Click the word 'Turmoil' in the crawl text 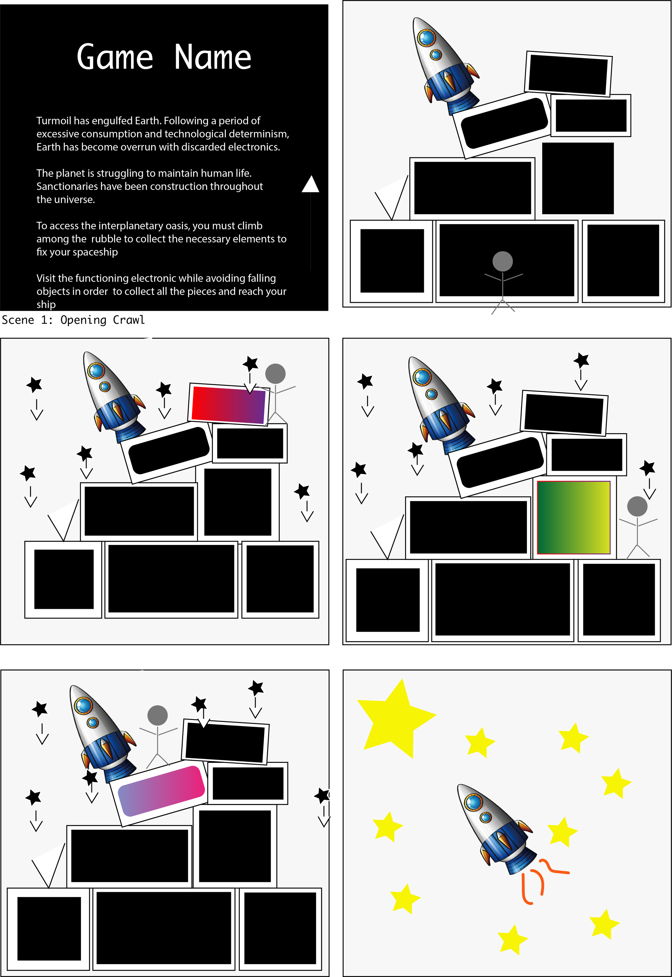pos(53,121)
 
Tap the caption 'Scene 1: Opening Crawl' pos(73,320)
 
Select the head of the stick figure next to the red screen pos(275,373)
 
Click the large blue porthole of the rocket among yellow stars pos(474,802)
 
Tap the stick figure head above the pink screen pos(158,715)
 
